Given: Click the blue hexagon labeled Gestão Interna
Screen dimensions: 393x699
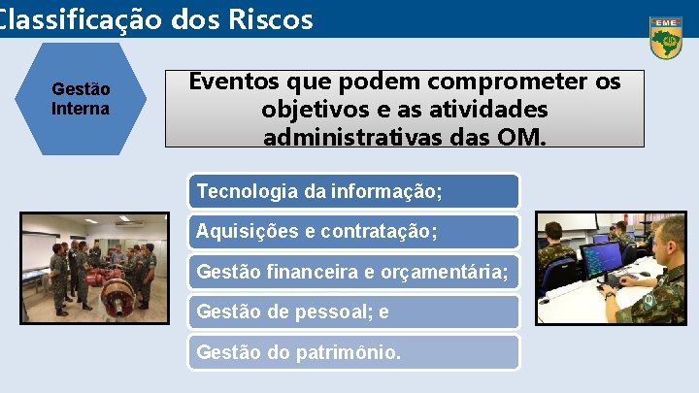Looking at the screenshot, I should (81, 98).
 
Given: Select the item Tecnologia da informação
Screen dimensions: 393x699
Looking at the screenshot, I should (318, 191).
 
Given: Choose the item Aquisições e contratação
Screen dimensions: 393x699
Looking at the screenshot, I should (316, 232).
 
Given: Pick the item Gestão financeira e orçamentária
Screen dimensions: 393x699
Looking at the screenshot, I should (351, 272).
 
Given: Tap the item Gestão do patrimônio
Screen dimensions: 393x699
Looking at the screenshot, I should (298, 352).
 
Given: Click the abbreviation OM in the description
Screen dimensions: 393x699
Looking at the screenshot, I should (523, 136).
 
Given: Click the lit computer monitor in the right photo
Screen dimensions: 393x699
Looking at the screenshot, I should (602, 260).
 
